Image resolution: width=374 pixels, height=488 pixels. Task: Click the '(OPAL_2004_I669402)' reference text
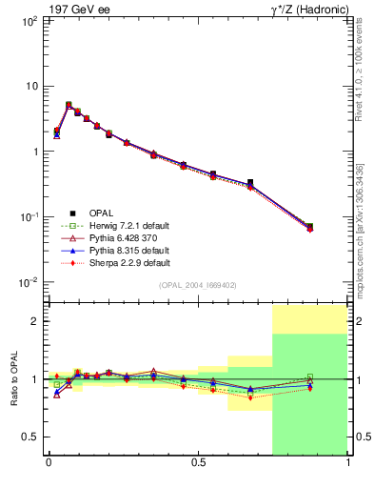pyautogui.click(x=198, y=285)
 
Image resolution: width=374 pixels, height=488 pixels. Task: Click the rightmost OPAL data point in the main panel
pyautogui.click(x=310, y=227)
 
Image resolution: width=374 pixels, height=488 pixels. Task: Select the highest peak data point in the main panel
pyautogui.click(x=69, y=105)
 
